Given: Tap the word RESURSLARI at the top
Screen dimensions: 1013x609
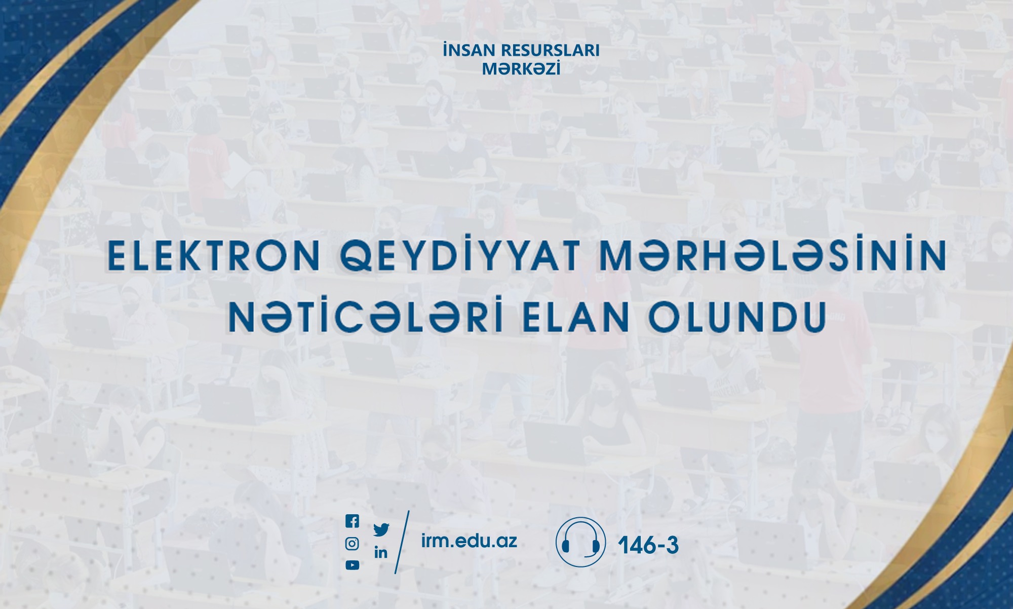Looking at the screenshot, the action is pos(550,50).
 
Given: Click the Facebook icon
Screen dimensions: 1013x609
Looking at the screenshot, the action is pos(352,521).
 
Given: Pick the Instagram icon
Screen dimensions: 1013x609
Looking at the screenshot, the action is pos(352,544).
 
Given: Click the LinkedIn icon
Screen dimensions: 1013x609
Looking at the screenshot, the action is pos(381,552).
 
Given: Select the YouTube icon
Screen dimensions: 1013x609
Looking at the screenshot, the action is pos(352,565).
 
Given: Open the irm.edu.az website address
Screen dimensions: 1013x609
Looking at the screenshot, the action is pos(469,541).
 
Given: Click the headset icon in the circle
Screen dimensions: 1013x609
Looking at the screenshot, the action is pos(580,542).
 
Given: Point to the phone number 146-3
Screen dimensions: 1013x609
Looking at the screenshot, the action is pos(648,545).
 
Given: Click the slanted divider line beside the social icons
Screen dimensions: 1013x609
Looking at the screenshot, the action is pos(402,542).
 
